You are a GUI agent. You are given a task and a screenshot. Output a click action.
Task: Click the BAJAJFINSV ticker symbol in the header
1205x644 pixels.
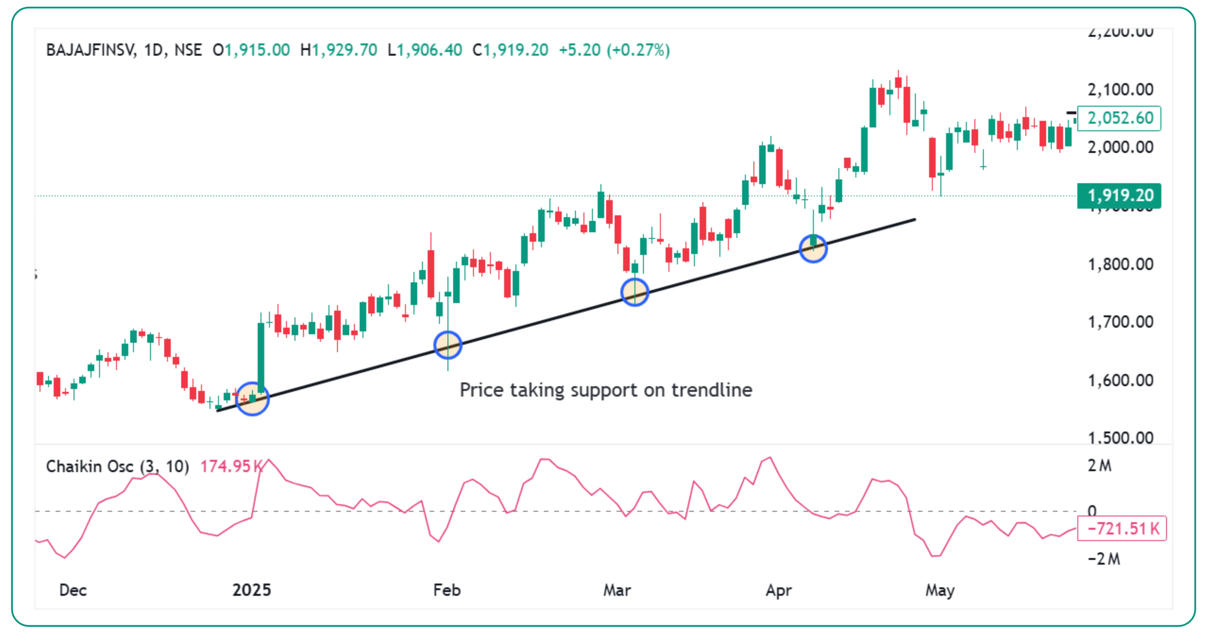pos(91,50)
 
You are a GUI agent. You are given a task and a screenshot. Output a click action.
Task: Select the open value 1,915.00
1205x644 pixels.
pos(257,50)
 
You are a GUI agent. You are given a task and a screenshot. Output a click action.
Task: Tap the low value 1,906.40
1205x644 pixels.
pos(429,50)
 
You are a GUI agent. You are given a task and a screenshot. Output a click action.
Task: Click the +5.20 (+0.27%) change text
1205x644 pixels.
pos(614,50)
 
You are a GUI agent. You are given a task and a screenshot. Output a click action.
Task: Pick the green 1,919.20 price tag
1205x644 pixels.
pos(1119,196)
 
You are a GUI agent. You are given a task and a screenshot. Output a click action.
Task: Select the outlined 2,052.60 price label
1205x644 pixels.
pos(1119,118)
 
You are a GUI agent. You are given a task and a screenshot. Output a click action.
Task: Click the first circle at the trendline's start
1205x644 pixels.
pos(252,399)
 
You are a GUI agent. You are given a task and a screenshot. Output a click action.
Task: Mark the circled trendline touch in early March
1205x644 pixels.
pos(634,292)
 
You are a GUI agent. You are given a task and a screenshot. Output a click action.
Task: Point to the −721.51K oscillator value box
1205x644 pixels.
pos(1122,529)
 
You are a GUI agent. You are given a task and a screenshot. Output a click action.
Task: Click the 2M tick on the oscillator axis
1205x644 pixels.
pos(1099,466)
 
